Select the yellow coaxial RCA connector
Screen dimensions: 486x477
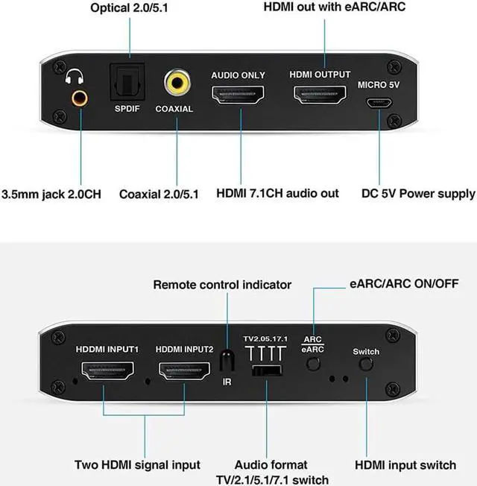tap(177, 81)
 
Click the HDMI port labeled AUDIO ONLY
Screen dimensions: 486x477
tap(238, 95)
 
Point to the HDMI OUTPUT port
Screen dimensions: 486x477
tap(320, 95)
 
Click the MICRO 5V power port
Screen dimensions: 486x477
tap(379, 102)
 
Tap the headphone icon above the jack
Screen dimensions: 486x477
tap(75, 75)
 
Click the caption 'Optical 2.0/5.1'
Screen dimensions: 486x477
tap(130, 9)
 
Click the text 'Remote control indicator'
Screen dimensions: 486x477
tap(222, 285)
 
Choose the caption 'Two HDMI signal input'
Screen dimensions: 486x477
tap(137, 465)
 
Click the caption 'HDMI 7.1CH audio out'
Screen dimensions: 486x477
tap(277, 194)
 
